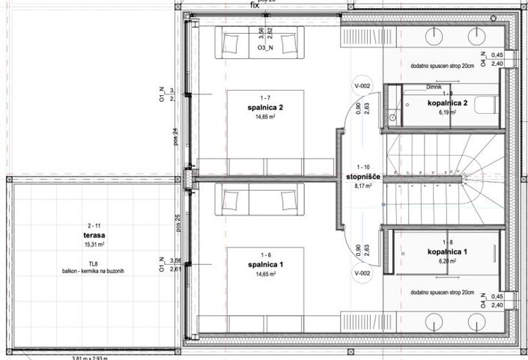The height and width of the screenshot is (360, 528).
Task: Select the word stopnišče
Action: (x=363, y=177)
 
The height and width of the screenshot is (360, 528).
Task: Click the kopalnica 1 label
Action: (x=447, y=252)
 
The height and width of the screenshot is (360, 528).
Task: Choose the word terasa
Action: (x=94, y=234)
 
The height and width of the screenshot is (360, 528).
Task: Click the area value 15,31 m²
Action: (x=94, y=244)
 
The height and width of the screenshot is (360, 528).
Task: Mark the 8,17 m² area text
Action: (x=363, y=187)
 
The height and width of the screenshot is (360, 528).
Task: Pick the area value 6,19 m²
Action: (x=447, y=113)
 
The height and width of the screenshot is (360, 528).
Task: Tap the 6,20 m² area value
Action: (x=447, y=263)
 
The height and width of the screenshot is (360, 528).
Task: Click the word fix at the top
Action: (x=255, y=4)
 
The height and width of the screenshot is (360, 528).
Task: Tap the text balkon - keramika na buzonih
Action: (x=94, y=271)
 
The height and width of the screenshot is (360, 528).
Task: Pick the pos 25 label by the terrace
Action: (x=177, y=222)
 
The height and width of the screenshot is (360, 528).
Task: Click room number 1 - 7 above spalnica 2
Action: (x=266, y=98)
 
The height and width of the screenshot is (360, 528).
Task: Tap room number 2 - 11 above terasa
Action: (x=94, y=225)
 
